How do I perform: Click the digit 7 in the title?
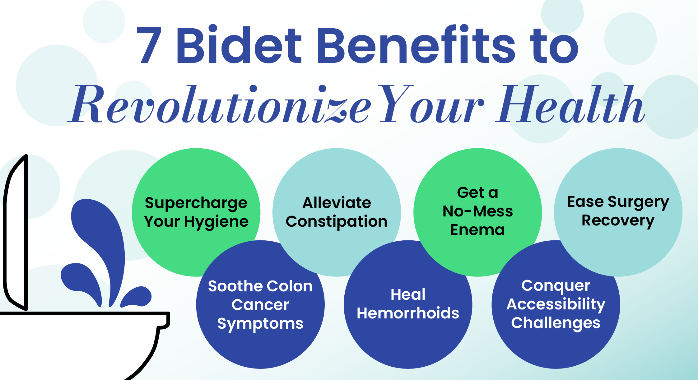pos(149,44)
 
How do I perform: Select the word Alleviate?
pos(337,203)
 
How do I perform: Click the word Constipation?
pos(337,222)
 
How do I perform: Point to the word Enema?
pos(477,230)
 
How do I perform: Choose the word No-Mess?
pos(478,211)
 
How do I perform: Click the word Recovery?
pos(618,221)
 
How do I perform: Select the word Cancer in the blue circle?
pos(260,305)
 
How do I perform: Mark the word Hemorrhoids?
pos(408,313)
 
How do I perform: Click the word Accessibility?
pos(556,304)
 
